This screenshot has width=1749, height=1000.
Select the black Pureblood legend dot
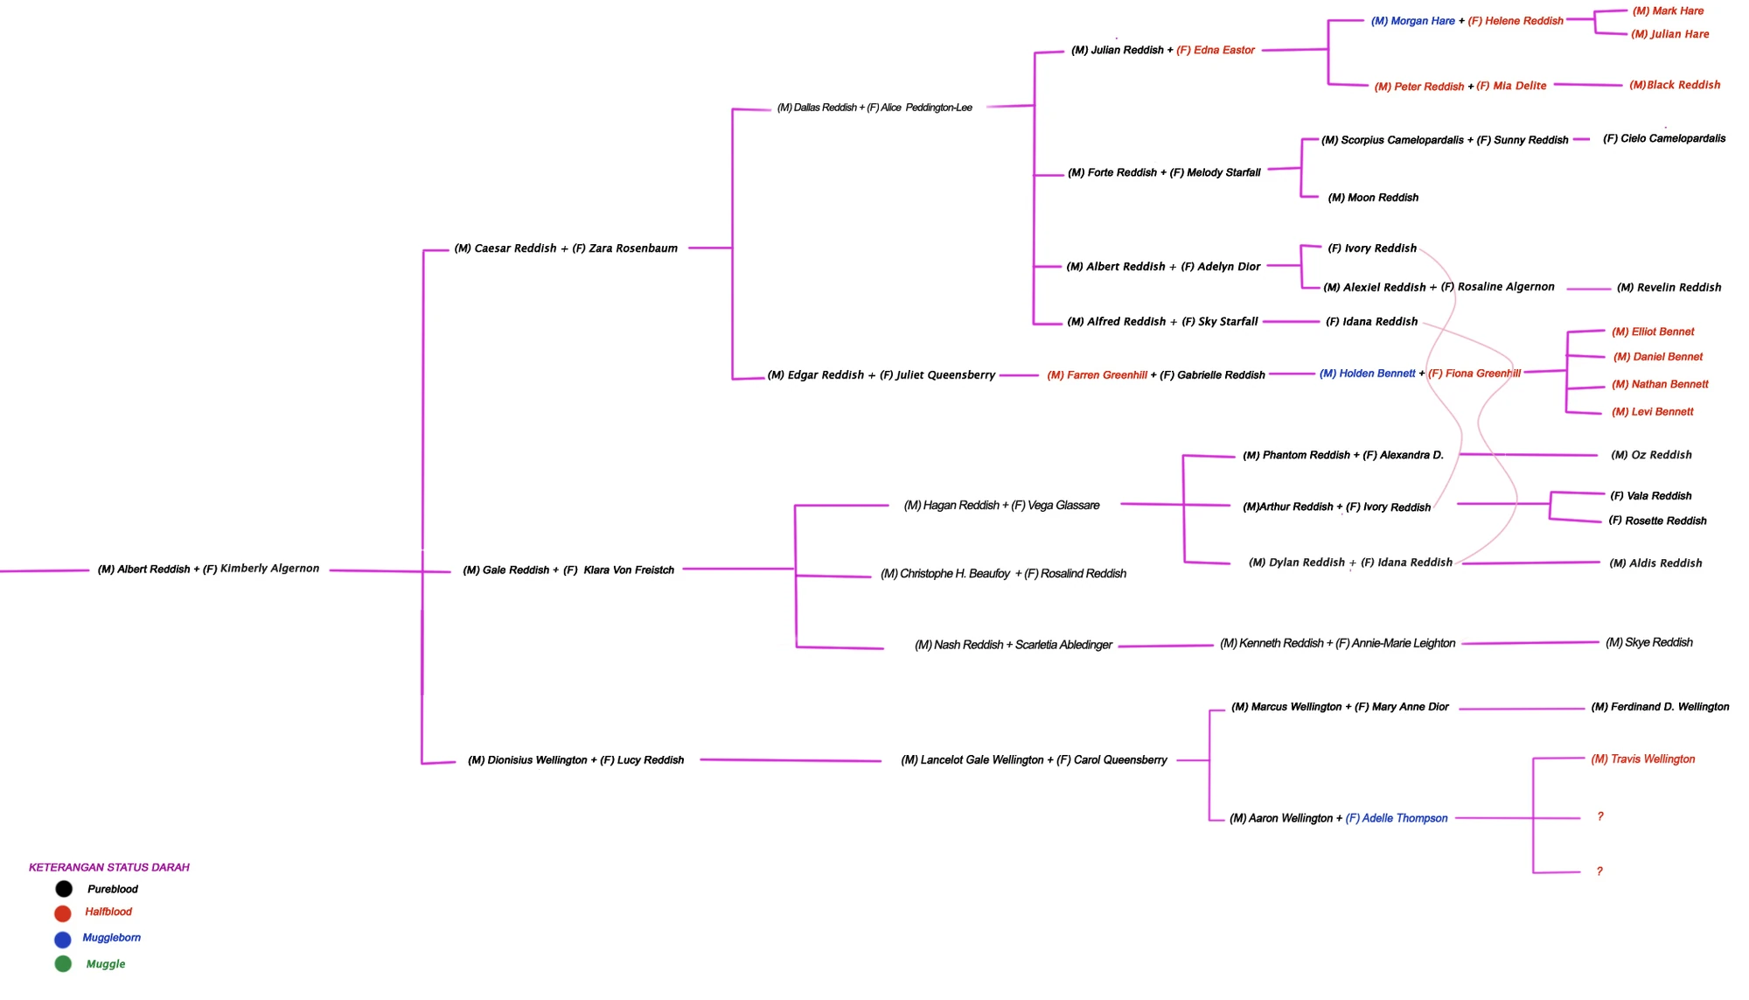64,889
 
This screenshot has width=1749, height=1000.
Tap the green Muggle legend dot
63,964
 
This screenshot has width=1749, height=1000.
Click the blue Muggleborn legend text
111,938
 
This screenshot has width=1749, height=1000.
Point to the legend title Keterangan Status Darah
109,868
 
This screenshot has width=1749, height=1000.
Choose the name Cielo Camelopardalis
1664,138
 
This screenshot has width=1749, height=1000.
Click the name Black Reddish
1675,85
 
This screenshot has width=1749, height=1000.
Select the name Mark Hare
1668,11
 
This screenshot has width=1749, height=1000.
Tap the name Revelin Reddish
1669,288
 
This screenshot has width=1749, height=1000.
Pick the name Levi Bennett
1653,412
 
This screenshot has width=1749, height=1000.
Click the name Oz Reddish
1651,455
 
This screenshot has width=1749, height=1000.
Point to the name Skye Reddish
1648,643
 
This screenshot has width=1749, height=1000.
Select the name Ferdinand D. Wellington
1660,707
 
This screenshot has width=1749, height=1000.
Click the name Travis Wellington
1643,759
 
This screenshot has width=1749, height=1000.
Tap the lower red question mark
1599,871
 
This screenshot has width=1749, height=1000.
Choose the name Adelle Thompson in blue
1397,819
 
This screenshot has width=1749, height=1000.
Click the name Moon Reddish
1373,198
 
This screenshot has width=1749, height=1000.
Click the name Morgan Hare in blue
1413,21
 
